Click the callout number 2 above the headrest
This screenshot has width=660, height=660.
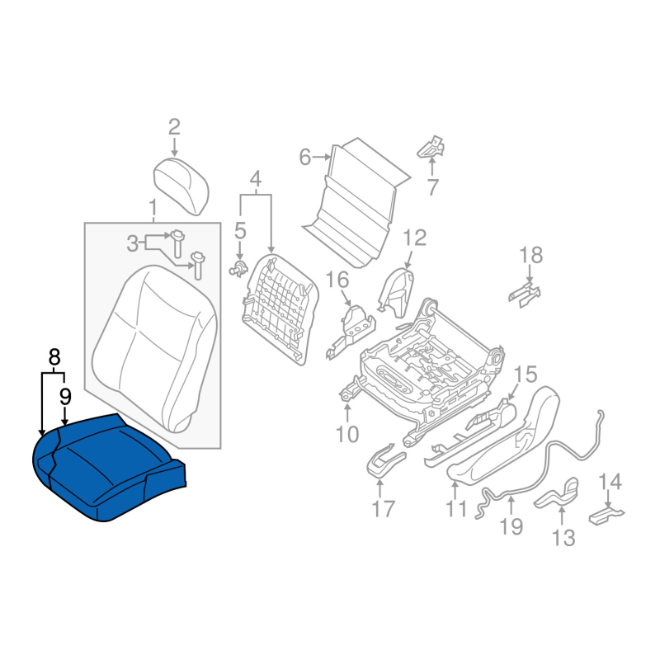[174, 127]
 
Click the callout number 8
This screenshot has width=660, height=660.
[54, 357]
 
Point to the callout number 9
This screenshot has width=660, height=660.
[64, 397]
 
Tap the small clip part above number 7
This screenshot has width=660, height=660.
[431, 147]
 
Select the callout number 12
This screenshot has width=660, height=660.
[414, 239]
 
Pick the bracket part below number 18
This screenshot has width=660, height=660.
[525, 291]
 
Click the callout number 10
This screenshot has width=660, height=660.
[347, 433]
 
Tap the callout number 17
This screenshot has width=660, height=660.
[382, 509]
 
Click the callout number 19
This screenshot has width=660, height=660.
[511, 526]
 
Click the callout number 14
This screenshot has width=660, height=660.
[610, 481]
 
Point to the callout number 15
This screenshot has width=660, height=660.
[526, 375]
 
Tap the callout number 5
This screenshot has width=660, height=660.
[239, 232]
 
